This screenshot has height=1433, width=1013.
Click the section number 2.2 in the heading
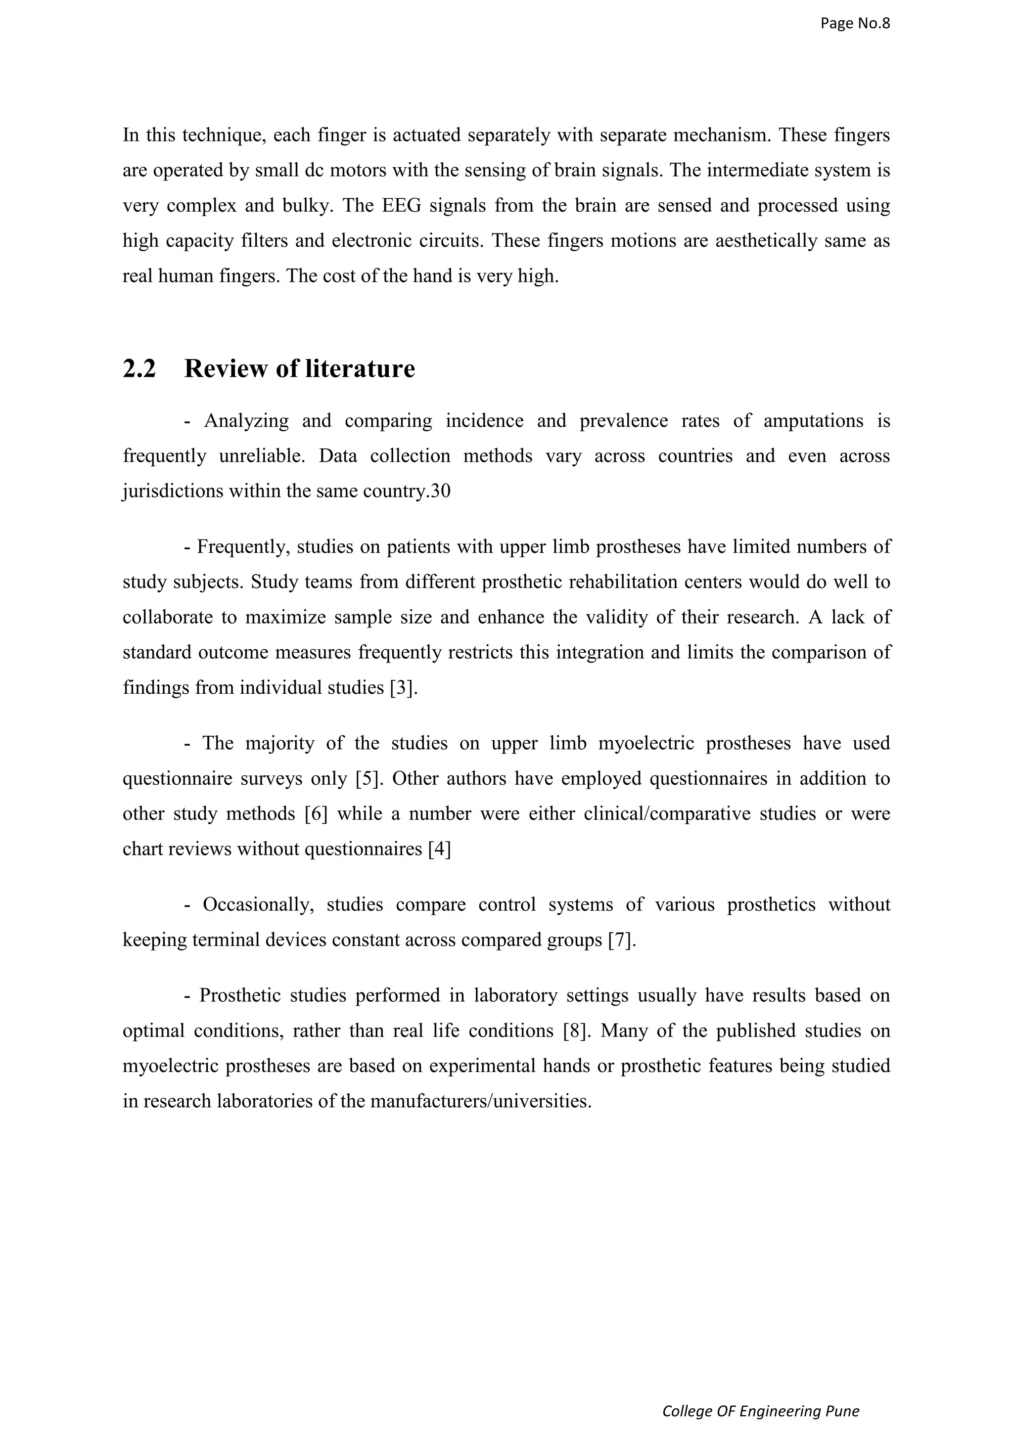coord(138,369)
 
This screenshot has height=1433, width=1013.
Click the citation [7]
coord(622,940)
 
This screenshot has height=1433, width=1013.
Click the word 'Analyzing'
coord(246,421)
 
